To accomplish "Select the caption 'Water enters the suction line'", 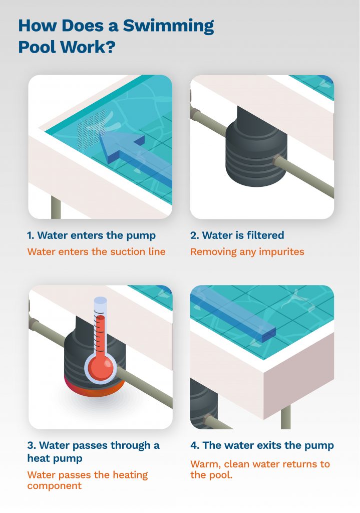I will tap(96, 251).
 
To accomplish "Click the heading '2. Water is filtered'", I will tap(237, 235).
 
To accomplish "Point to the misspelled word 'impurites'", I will tap(282, 251).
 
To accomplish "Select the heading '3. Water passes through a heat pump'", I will tap(93, 451).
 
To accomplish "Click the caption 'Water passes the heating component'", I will tap(88, 480).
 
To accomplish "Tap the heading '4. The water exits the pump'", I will tap(262, 445).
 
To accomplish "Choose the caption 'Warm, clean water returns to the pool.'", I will tap(260, 469).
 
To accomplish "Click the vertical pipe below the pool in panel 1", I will tap(56, 207).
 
